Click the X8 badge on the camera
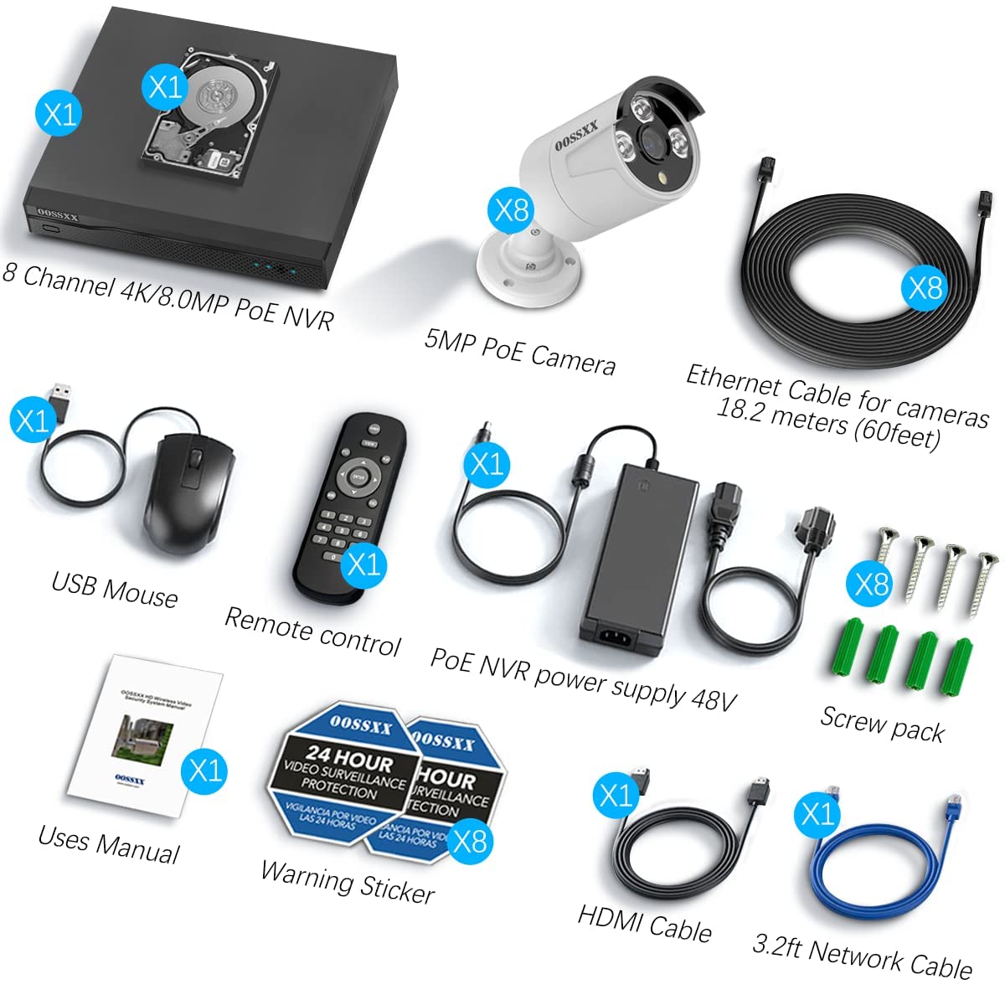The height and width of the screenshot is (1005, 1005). (512, 209)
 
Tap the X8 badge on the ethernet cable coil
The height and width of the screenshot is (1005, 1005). (925, 287)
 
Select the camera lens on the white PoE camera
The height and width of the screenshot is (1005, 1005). (652, 139)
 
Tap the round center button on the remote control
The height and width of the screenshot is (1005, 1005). (358, 477)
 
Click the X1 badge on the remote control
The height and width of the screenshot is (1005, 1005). (363, 563)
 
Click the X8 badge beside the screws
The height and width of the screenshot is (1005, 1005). (872, 583)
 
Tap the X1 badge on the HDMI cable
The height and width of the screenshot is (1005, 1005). (616, 794)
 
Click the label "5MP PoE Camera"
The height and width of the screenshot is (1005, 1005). (519, 351)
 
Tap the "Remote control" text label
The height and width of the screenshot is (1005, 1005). (312, 631)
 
